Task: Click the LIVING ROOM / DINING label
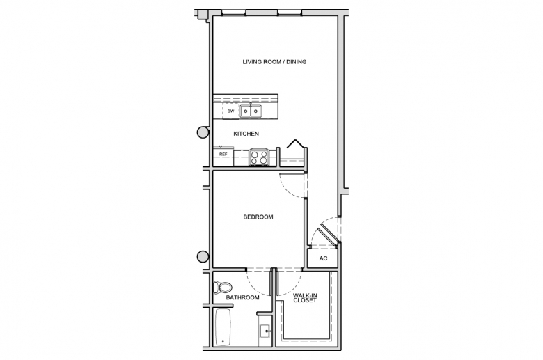(274, 62)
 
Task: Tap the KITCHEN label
(246, 134)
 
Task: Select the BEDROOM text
(258, 217)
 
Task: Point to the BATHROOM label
(242, 297)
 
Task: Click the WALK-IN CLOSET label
(305, 298)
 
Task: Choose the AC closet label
(323, 258)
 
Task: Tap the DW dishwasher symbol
(231, 111)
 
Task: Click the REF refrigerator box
(223, 154)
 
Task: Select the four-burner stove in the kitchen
(259, 157)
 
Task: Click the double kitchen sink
(251, 111)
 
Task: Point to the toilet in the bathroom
(222, 288)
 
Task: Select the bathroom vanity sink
(266, 331)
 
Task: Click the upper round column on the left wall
(203, 132)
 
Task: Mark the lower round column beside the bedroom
(203, 257)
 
